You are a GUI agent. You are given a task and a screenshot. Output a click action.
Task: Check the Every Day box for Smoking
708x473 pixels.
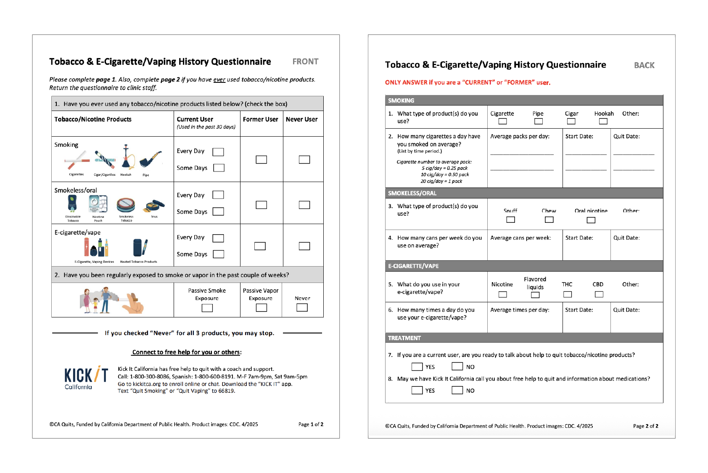point(218,152)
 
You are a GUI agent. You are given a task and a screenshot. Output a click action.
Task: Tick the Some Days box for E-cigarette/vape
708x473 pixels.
point(218,254)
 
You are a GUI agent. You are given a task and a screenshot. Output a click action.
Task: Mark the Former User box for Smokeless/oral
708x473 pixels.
point(261,205)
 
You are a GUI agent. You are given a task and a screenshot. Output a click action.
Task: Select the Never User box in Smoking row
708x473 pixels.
point(304,159)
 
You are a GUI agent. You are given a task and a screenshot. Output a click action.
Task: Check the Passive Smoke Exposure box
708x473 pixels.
point(207,308)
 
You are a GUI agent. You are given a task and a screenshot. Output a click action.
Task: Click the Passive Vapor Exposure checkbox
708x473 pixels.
point(261,308)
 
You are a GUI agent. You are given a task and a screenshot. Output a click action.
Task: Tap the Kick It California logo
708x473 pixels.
point(86,378)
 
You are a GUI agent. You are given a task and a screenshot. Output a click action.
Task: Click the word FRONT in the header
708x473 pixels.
point(305,62)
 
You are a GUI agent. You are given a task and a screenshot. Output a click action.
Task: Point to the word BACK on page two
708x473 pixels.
point(644,65)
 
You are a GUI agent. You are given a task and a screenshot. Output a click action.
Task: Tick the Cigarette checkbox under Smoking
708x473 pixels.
point(502,122)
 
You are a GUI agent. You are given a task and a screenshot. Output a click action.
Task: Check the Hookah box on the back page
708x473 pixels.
point(603,122)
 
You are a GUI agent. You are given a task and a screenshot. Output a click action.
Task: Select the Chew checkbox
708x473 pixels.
point(549,219)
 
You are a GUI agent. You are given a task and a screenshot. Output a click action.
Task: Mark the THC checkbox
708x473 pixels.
point(567,294)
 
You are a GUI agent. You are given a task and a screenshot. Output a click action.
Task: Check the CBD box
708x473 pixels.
point(599,294)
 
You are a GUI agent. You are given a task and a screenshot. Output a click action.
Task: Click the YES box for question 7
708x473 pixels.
point(417,367)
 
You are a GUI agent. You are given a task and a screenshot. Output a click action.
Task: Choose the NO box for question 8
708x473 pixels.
point(457,390)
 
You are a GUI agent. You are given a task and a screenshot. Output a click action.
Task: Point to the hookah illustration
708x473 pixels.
point(126,157)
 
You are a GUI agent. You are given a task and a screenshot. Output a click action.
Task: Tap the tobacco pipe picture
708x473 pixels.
point(150,159)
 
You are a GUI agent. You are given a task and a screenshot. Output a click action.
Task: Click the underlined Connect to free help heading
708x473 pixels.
point(186,352)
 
